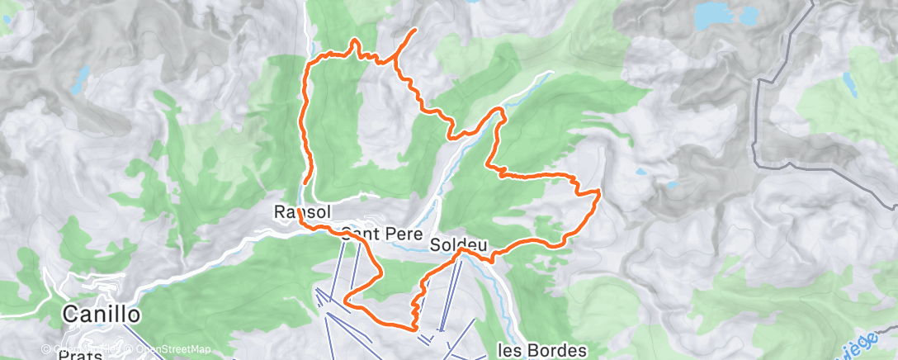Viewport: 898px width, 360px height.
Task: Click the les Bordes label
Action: pyautogui.click(x=542, y=350)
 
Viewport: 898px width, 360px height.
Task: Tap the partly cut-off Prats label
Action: pyautogui.click(x=81, y=355)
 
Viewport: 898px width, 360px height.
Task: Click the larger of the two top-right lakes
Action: pyautogui.click(x=714, y=15)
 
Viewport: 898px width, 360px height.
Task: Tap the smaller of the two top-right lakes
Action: pyautogui.click(x=750, y=15)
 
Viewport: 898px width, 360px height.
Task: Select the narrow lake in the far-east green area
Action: pyautogui.click(x=848, y=81)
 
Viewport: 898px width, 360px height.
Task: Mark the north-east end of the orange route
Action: pyautogui.click(x=413, y=30)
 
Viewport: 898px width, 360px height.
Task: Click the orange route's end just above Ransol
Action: pyautogui.click(x=305, y=181)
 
